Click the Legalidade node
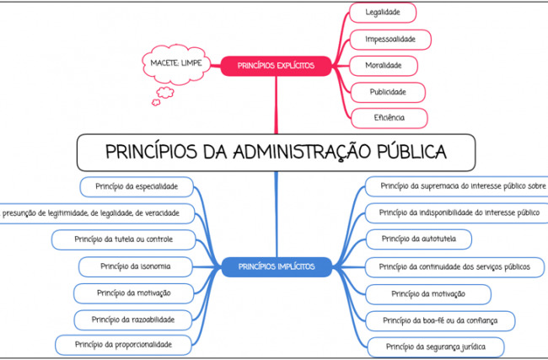pos(383,13)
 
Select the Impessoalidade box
pos(390,40)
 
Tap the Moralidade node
pos(384,66)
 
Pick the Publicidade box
pos(388,92)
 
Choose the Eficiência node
pos(389,118)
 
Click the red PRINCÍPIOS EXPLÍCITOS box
pos(276,66)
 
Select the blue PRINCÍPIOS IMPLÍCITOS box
pos(277,267)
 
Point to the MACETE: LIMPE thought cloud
pos(176,64)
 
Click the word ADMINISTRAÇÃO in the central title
pos(302,152)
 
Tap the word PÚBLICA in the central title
pos(411,152)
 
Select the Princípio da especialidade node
pos(137,187)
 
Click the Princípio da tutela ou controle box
pos(123,239)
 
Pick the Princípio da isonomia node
pos(136,266)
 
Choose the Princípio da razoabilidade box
pos(133,320)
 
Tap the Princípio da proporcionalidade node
pos(123,345)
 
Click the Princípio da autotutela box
pos(419,239)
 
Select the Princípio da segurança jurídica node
pos(436,347)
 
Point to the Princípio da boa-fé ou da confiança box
pos(440,321)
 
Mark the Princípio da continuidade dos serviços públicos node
pos(454,267)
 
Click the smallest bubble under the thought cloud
pos(156,102)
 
